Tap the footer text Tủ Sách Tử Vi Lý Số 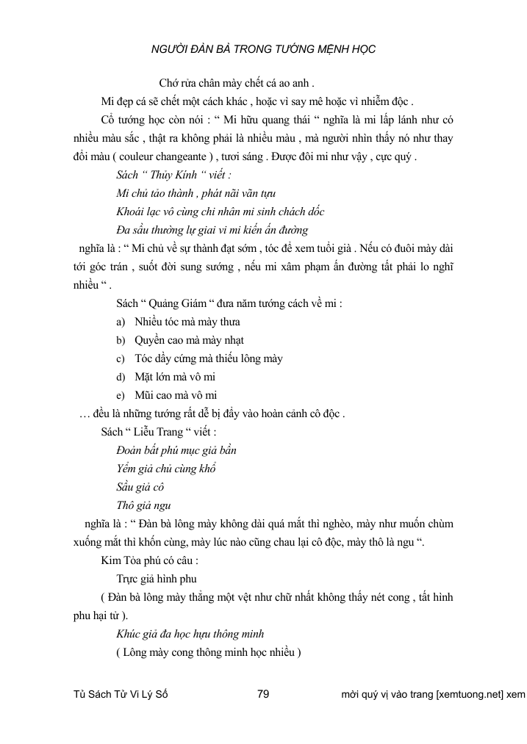121,693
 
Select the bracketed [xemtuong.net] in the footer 469,693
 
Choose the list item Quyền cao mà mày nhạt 189,340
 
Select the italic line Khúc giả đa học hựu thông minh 190,633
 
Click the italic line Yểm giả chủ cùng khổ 165,468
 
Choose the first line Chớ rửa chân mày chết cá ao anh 237,82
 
